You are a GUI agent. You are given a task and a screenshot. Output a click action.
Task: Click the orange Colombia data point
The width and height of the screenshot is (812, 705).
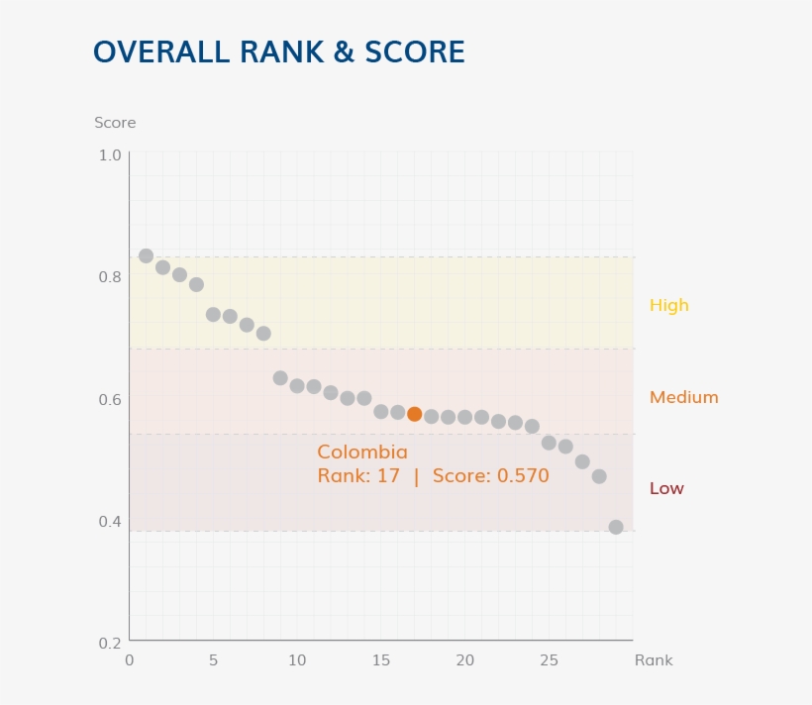(x=414, y=414)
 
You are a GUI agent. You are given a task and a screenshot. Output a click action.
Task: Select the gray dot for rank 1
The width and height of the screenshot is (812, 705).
(x=146, y=255)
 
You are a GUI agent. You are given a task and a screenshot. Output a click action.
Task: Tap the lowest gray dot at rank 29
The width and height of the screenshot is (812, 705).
(x=616, y=527)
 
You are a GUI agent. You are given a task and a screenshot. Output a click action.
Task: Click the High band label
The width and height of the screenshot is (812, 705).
(x=668, y=305)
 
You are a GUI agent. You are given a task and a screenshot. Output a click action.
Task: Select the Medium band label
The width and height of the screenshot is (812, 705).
(x=683, y=397)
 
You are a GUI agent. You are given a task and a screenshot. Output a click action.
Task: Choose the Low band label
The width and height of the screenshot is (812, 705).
(x=666, y=488)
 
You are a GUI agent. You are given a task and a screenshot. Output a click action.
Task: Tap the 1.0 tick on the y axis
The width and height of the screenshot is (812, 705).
(x=109, y=155)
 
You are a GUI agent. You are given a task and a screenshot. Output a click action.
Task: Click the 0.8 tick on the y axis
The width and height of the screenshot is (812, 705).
(x=109, y=277)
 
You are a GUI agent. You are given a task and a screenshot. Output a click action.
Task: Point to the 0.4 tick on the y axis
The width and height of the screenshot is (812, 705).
(x=109, y=521)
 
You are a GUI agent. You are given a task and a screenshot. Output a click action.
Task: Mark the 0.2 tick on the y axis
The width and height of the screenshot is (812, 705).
(x=109, y=643)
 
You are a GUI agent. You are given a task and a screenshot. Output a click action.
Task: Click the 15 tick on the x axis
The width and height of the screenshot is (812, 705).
(x=381, y=660)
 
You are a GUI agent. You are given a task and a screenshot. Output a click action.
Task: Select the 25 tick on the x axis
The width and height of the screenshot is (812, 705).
(x=549, y=660)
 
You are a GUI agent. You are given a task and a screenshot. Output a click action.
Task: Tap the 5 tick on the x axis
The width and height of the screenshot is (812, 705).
(x=213, y=660)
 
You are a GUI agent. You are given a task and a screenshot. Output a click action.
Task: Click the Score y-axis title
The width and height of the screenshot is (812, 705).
(x=115, y=123)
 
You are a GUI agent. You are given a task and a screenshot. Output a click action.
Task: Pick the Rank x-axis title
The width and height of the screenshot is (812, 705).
(x=654, y=660)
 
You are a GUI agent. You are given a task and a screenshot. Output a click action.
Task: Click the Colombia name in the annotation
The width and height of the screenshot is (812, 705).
(x=362, y=453)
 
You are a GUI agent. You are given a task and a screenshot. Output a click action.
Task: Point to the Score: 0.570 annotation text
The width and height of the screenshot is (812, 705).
(x=490, y=476)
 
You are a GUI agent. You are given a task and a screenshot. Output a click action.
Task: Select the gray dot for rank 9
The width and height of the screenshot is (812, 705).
(x=280, y=378)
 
